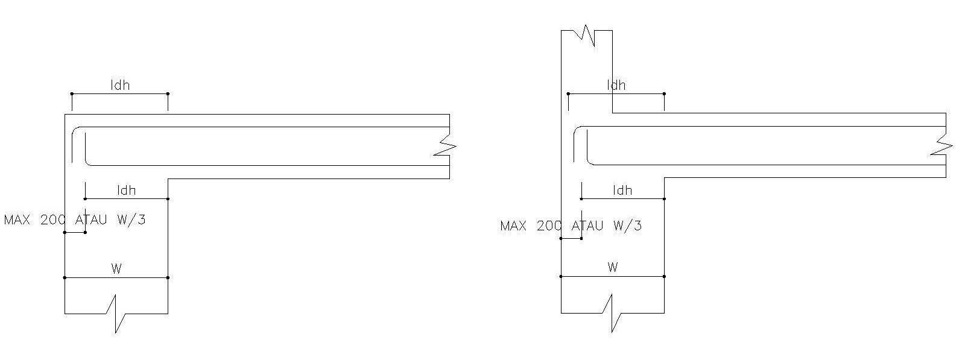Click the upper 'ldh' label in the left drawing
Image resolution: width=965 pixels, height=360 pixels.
coord(120,85)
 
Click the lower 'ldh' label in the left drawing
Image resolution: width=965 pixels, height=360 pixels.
coord(126,191)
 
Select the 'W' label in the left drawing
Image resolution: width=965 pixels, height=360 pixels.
coord(116,269)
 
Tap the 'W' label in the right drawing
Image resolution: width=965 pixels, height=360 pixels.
coord(613,267)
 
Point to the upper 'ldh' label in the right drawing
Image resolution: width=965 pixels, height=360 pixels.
coord(616,85)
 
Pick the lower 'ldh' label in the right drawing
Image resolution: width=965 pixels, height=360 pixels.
coord(622,191)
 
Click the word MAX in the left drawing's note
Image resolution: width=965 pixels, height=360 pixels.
coord(17,219)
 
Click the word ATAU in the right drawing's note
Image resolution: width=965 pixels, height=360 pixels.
coord(587,226)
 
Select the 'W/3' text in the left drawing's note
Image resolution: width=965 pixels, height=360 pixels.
coord(131,219)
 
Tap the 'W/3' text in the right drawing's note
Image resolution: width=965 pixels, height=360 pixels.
coord(628,226)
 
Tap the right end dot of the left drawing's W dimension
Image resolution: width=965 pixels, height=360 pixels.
coord(168,277)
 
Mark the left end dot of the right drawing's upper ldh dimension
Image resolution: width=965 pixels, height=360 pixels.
coord(568,93)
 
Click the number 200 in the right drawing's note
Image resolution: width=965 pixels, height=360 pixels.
coord(549,226)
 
